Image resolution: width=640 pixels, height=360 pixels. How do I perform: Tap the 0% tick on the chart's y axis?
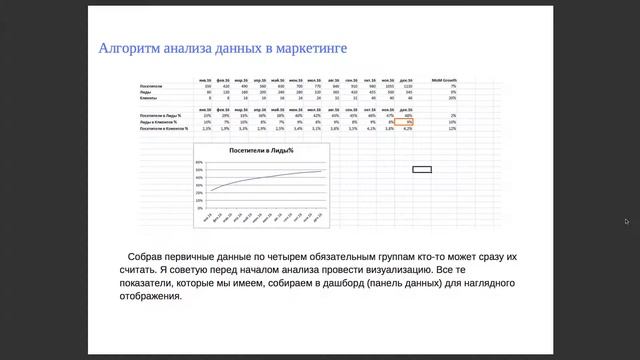201,200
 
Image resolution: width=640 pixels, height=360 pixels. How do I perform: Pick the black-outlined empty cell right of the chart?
422,169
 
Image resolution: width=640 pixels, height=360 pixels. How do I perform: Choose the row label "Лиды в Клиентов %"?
158,122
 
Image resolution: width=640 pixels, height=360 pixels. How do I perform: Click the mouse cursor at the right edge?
626,221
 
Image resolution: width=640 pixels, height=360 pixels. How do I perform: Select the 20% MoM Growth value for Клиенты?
452,98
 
